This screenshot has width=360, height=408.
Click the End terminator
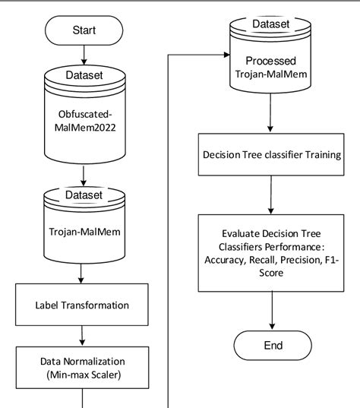click(x=273, y=346)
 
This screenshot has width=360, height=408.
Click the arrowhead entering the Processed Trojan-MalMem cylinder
click(x=226, y=55)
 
